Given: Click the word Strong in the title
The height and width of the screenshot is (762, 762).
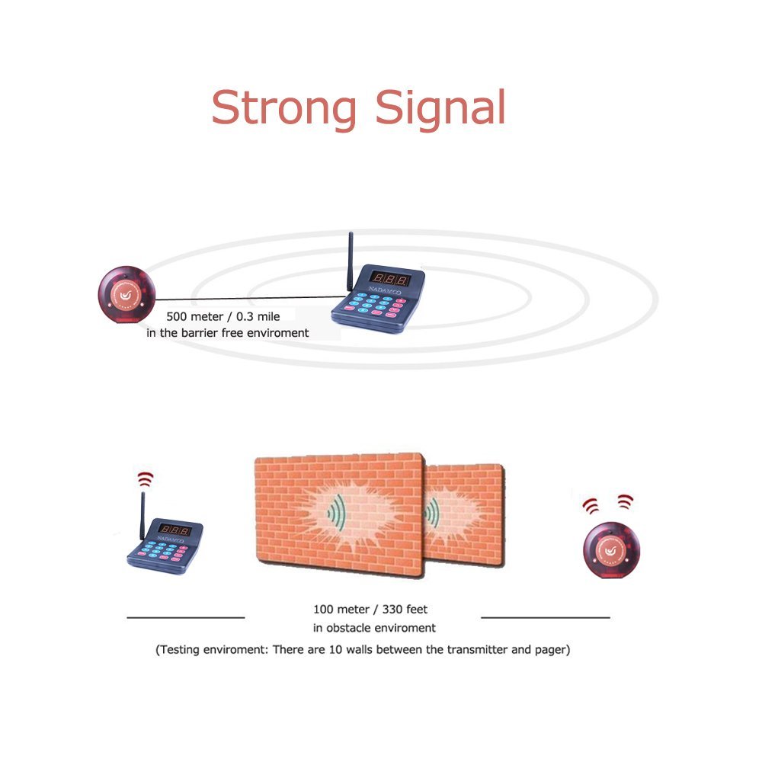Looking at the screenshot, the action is (284, 109).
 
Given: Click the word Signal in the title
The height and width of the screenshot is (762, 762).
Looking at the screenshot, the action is (440, 109).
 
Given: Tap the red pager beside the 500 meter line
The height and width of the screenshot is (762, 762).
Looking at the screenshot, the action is (126, 294).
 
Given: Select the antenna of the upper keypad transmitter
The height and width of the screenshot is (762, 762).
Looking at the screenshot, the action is (350, 262).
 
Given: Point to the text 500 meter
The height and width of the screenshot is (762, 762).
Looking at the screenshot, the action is (194, 317).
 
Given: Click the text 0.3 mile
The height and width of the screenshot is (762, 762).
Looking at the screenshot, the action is (258, 317).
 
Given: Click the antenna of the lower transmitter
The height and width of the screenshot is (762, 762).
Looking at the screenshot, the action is (142, 516).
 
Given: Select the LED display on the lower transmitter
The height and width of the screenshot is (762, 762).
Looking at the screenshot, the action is (174, 530).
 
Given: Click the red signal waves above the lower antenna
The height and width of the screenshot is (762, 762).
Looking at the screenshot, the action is (146, 479).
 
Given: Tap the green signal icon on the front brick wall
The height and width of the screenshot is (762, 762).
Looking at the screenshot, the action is (337, 512).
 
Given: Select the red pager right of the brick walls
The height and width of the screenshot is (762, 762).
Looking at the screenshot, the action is (611, 550).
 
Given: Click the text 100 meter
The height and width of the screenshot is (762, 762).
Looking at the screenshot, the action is (341, 610).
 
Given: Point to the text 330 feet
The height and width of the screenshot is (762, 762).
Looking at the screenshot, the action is (405, 610).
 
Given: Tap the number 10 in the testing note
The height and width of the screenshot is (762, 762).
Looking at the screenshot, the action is (335, 650).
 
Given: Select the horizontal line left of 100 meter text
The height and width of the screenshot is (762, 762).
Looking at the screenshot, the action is (186, 618).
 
